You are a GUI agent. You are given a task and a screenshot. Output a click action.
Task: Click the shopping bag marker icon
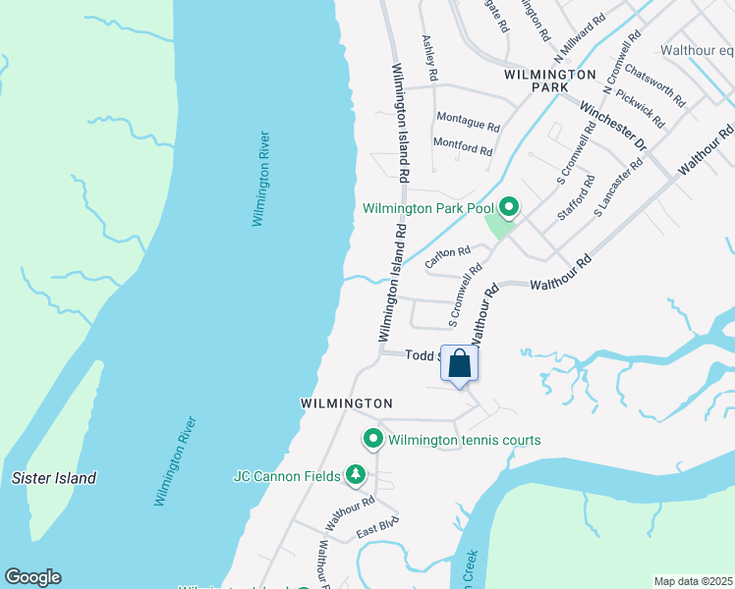click(459, 364)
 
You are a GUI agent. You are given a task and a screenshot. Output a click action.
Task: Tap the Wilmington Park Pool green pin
click(508, 207)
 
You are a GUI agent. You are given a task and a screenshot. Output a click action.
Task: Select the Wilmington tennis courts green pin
click(372, 439)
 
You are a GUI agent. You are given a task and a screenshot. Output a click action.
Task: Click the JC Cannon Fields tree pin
click(355, 476)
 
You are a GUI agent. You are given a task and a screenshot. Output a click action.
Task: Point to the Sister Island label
click(54, 478)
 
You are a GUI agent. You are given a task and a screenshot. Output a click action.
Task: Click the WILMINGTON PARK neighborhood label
click(549, 80)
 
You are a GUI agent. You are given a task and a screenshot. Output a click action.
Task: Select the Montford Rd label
click(463, 147)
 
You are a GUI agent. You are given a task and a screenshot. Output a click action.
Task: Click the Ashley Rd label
click(429, 59)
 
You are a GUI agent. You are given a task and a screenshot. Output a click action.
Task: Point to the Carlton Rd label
click(447, 257)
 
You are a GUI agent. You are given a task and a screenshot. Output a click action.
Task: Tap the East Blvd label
click(375, 530)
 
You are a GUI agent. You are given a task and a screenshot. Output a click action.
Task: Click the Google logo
click(32, 577)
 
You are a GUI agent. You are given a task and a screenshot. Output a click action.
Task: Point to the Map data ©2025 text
click(693, 581)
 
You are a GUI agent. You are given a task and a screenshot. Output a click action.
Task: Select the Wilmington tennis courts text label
click(464, 440)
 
